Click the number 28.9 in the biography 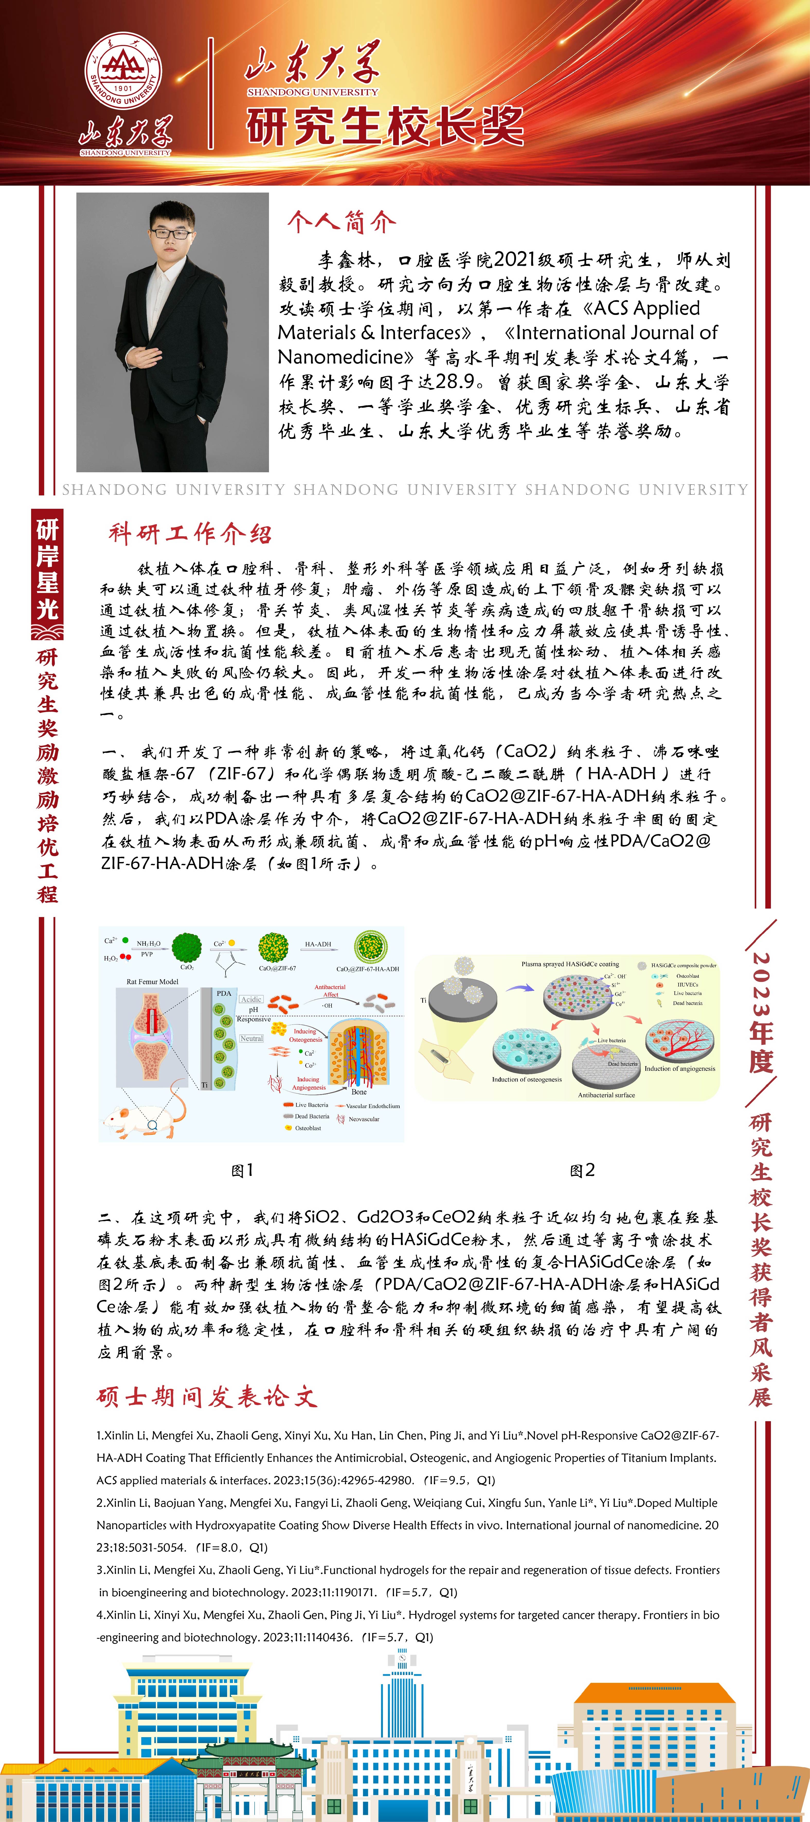click(455, 382)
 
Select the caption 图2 click(582, 1170)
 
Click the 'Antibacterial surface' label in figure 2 click(606, 1095)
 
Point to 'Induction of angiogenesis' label click(679, 1069)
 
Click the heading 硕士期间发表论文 click(206, 1396)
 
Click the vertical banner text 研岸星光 click(47, 569)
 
